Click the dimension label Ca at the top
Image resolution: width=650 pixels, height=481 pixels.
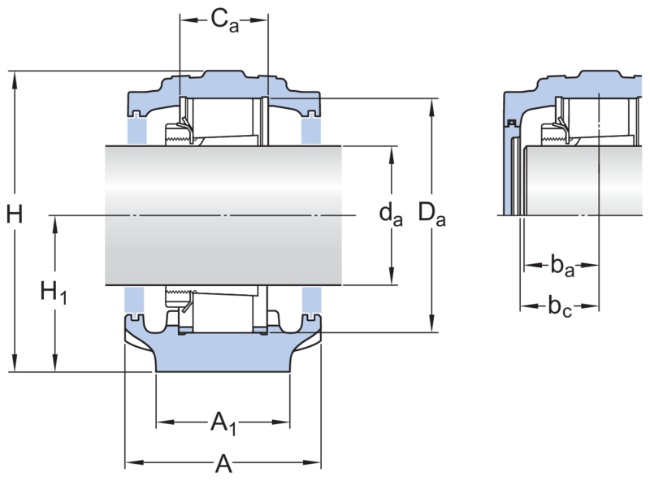[225, 21]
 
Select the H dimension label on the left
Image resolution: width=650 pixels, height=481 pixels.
[15, 214]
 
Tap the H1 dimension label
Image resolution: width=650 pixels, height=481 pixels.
[53, 292]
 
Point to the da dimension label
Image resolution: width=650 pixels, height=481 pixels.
[391, 214]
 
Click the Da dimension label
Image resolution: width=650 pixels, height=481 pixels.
[431, 214]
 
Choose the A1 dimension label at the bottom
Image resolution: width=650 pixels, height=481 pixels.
[223, 423]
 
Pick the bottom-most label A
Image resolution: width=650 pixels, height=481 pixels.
[223, 463]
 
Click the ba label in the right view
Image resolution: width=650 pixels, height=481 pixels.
[562, 266]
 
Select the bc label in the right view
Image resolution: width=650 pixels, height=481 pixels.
[560, 306]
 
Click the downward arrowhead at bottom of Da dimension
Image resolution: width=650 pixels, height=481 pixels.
[432, 323]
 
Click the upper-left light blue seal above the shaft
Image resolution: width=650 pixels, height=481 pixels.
[136, 129]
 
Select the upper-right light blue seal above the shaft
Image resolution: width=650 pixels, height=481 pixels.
[311, 129]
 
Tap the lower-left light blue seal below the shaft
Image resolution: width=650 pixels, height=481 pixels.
[134, 299]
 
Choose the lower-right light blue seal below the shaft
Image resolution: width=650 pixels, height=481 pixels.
[311, 299]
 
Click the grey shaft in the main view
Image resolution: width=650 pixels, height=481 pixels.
[223, 215]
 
